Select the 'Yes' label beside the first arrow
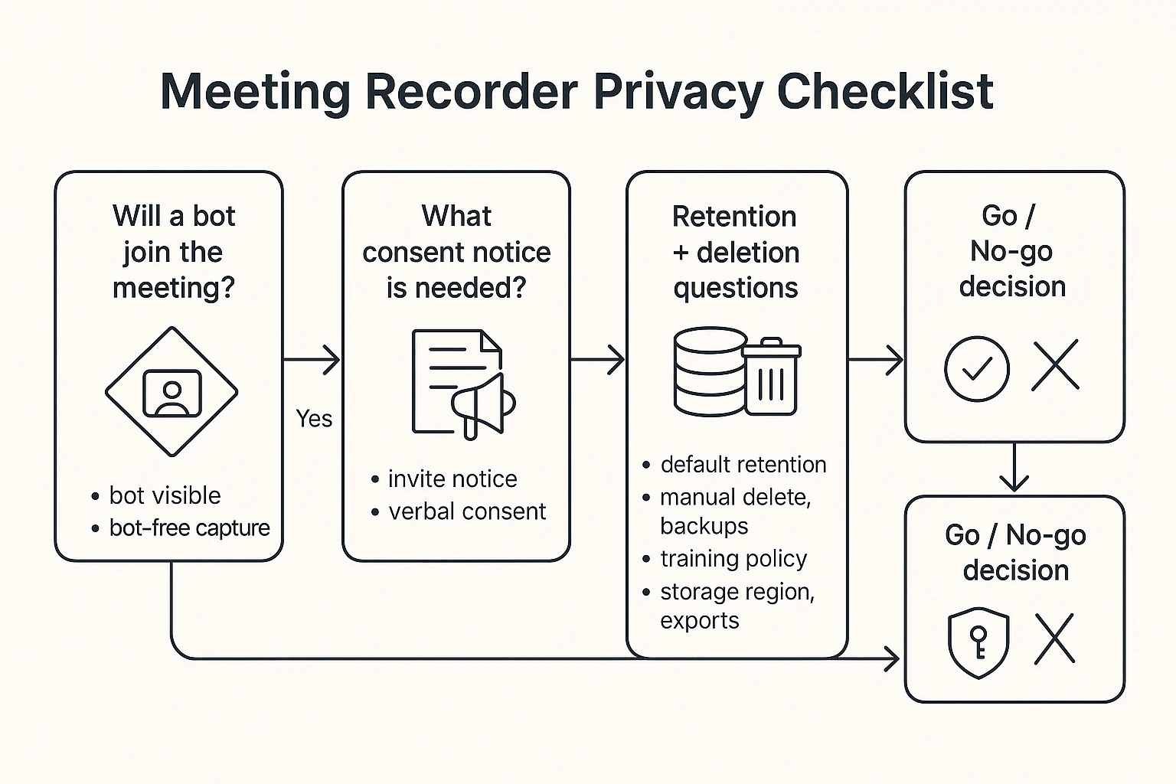(x=314, y=419)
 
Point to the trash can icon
(x=771, y=377)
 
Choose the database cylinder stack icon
(x=710, y=371)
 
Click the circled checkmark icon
(x=976, y=368)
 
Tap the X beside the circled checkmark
(x=1055, y=366)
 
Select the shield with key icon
(x=978, y=643)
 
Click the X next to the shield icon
(x=1054, y=639)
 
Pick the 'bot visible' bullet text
(x=165, y=495)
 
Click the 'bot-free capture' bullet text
(x=189, y=528)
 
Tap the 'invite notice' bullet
(x=452, y=479)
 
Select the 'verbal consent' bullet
(x=467, y=511)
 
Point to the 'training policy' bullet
(x=733, y=559)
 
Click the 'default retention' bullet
(x=743, y=465)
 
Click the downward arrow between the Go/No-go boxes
(x=1014, y=467)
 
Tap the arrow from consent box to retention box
(x=598, y=359)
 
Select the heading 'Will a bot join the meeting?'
(x=173, y=252)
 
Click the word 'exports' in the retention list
(x=699, y=621)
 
